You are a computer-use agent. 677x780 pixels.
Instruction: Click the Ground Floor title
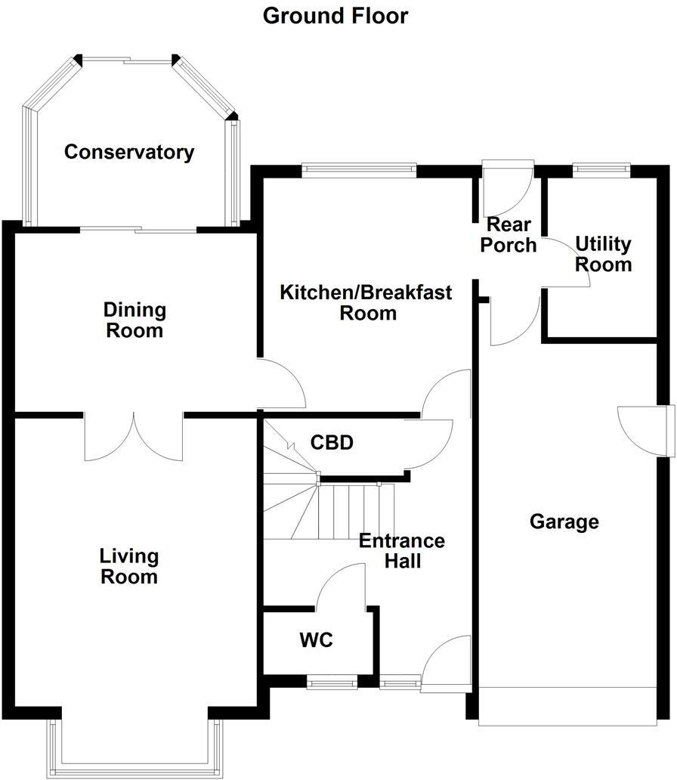click(335, 15)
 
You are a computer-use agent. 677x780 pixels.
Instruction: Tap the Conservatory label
click(129, 152)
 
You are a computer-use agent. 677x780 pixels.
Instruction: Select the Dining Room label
click(134, 320)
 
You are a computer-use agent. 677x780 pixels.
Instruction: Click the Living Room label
click(129, 567)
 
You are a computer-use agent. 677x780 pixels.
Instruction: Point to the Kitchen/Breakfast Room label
click(366, 302)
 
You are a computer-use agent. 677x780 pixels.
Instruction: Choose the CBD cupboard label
click(332, 443)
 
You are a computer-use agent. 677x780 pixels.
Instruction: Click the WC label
click(316, 641)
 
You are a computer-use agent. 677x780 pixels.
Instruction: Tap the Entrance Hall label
click(402, 551)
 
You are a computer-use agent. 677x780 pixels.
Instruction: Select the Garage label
click(564, 522)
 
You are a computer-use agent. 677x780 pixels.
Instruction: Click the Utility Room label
click(603, 254)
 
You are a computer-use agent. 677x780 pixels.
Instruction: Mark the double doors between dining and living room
click(134, 437)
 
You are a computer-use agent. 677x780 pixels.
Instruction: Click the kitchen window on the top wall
click(359, 169)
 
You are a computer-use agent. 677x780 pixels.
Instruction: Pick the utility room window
click(601, 169)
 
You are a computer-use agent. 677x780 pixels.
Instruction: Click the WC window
click(332, 683)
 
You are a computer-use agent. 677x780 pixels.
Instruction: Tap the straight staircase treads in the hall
click(355, 512)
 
